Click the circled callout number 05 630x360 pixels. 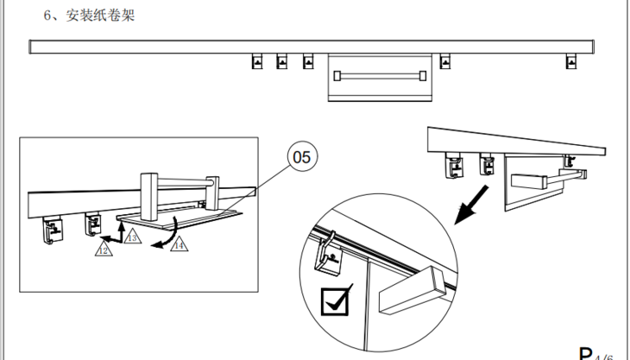click(x=302, y=157)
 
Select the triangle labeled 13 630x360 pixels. click(x=130, y=236)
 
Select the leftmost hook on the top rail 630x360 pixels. click(x=256, y=61)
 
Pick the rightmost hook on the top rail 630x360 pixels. click(x=569, y=61)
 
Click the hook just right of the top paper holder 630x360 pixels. click(x=445, y=61)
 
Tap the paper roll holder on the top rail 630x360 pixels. click(x=381, y=78)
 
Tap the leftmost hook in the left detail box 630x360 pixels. click(x=54, y=231)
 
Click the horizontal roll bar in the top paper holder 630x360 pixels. click(x=381, y=75)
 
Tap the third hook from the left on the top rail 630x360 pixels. click(x=308, y=61)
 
